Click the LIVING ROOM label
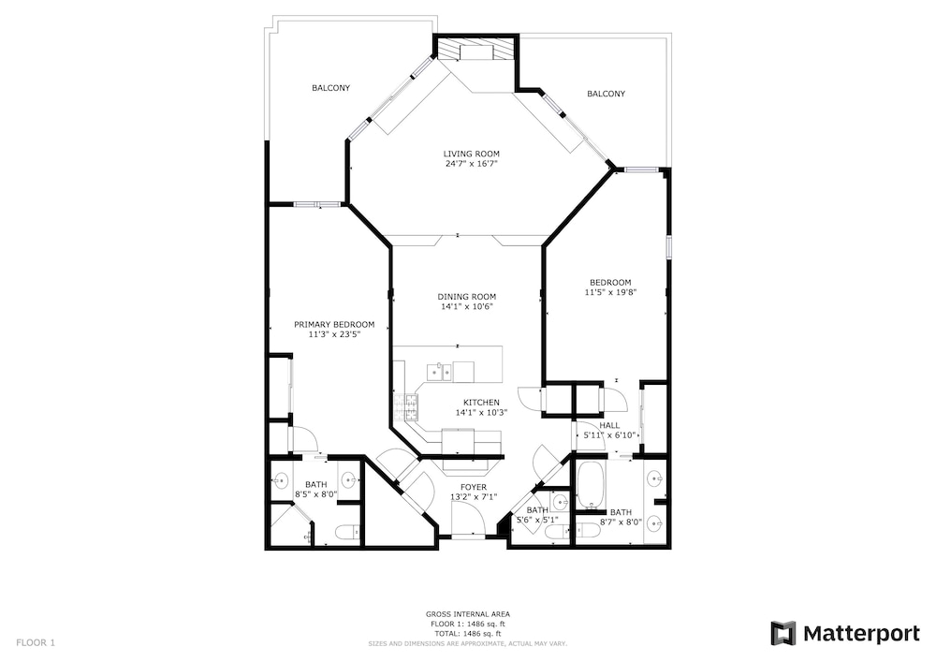(471, 154)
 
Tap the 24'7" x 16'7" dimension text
(471, 164)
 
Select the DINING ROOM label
(466, 297)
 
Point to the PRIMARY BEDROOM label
(334, 325)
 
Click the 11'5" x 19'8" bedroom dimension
(610, 292)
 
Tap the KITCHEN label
(481, 403)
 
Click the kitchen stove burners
(405, 408)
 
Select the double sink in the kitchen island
(438, 372)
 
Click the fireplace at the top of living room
(475, 48)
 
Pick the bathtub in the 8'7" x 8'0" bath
(592, 485)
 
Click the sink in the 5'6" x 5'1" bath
(560, 499)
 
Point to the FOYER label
(474, 487)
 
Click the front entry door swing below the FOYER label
(470, 518)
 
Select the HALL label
(609, 426)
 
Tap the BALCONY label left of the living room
(330, 88)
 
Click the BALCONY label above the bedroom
(606, 94)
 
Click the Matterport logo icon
(783, 633)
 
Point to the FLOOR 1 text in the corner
(36, 643)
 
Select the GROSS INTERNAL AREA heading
(467, 614)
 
